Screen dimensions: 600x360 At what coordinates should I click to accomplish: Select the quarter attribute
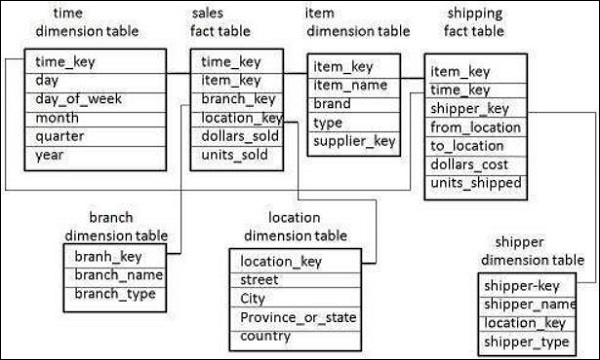[60, 135]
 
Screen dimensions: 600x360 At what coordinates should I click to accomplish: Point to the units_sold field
[230, 154]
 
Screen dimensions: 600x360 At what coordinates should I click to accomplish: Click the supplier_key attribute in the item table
[353, 141]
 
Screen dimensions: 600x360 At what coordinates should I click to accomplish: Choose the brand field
[333, 104]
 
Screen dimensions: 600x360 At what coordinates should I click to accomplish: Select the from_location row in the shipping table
[475, 127]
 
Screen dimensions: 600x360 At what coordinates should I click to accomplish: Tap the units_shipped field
[475, 183]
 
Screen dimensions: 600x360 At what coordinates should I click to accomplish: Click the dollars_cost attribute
[470, 164]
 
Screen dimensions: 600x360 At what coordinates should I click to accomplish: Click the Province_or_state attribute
[298, 317]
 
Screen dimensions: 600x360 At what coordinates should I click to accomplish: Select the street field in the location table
[260, 280]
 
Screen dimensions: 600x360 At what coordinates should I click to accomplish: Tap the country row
[265, 336]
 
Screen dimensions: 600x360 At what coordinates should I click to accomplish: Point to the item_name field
[351, 85]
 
